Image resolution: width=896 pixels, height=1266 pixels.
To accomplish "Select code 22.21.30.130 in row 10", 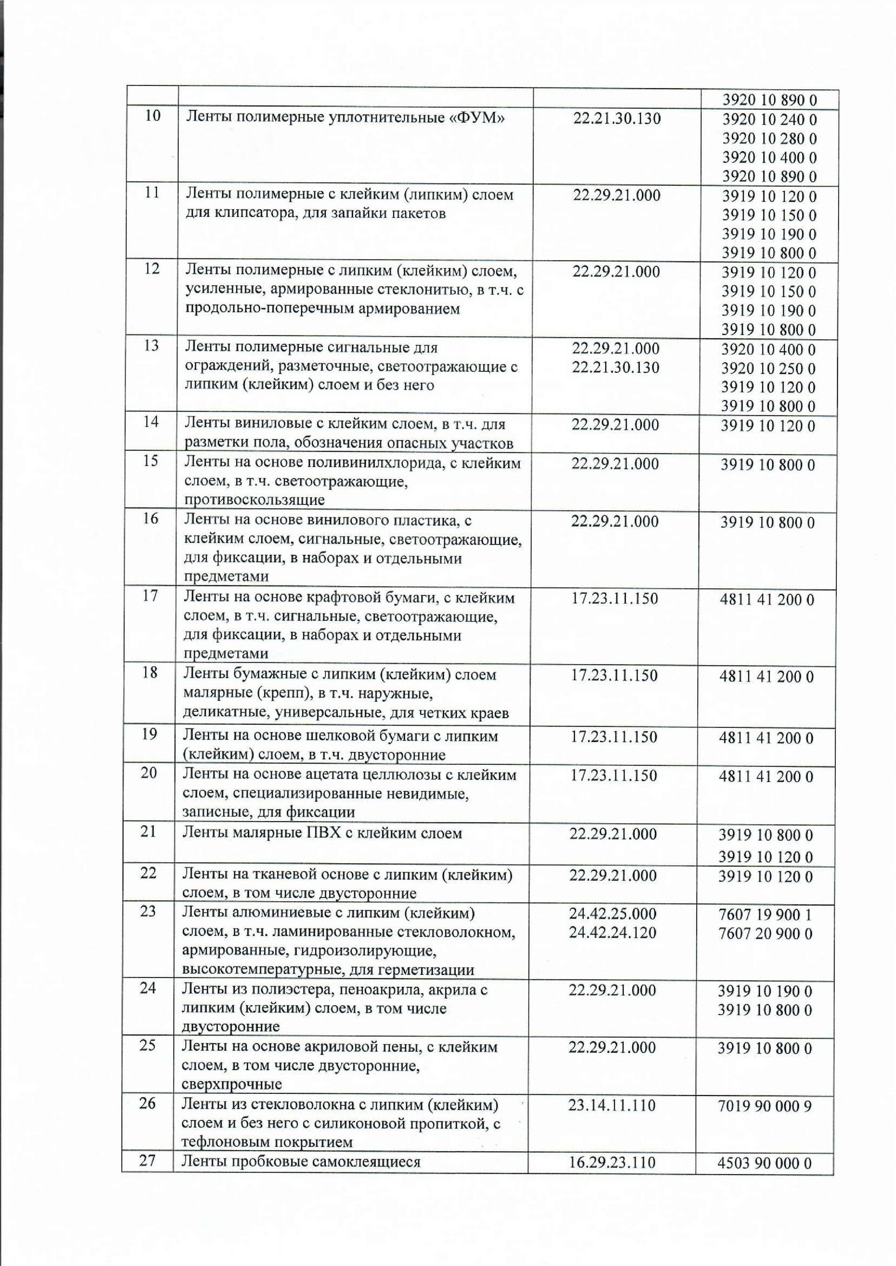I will click(617, 119).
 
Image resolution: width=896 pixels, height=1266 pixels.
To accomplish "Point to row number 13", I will click(151, 346).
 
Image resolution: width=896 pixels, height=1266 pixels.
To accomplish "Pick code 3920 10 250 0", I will click(769, 369).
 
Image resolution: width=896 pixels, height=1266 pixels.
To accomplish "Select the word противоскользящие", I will click(254, 500).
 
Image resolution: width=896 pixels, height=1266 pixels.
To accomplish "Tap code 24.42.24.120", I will click(613, 933).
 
